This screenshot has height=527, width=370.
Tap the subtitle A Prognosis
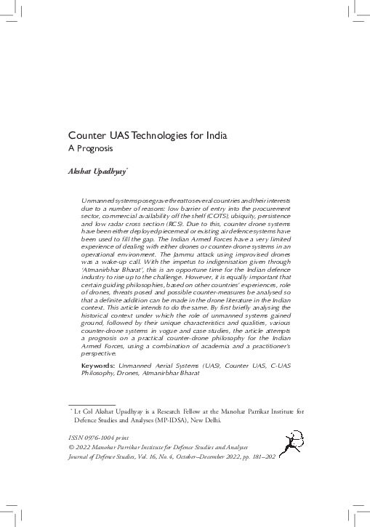coord(92,150)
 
